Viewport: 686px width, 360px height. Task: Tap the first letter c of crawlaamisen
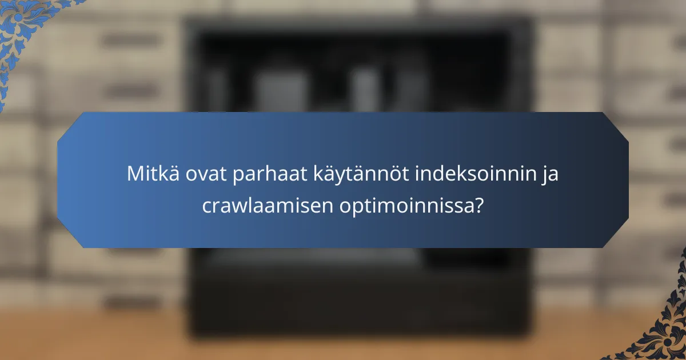pyautogui.click(x=207, y=206)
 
